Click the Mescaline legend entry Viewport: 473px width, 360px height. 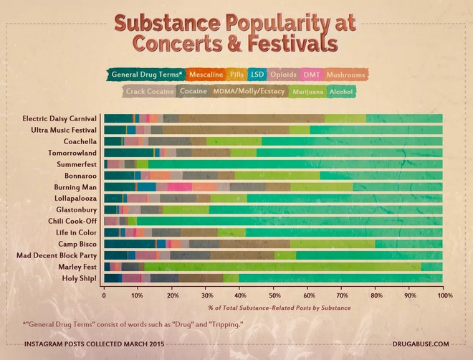(x=206, y=74)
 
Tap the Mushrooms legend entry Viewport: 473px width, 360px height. (x=346, y=74)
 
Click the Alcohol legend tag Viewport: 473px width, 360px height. (x=342, y=92)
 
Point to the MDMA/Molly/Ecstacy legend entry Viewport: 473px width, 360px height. (x=248, y=92)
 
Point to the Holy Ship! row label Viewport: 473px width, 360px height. (x=80, y=278)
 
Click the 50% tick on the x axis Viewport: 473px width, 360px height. (x=274, y=295)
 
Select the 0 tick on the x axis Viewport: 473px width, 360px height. (x=105, y=295)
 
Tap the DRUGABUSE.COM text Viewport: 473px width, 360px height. (x=421, y=345)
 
